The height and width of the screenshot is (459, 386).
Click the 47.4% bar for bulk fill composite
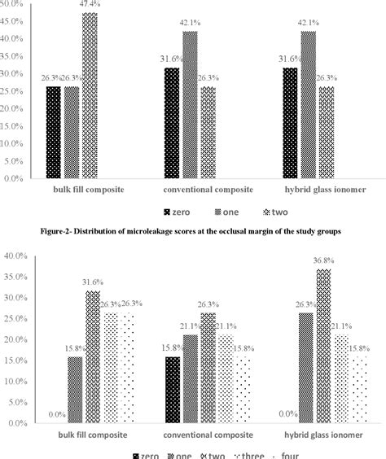pyautogui.click(x=89, y=96)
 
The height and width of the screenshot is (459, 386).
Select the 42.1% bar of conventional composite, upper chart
pyautogui.click(x=190, y=106)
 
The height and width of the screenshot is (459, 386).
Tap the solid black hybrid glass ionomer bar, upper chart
pyautogui.click(x=289, y=123)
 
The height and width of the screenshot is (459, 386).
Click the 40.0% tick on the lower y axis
pyautogui.click(x=16, y=256)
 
